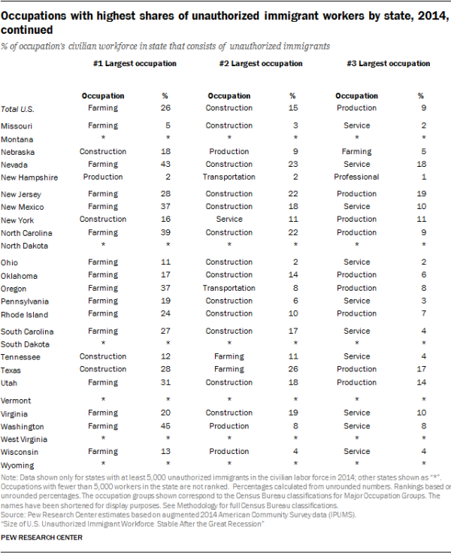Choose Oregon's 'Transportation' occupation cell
point(229,288)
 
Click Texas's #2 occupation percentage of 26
point(293,370)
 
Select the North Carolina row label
point(28,233)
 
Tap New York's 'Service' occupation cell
point(229,219)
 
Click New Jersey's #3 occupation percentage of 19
point(421,194)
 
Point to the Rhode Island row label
point(24,314)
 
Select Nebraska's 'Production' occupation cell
point(229,151)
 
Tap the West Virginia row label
point(24,439)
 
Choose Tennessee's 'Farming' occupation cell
point(229,356)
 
